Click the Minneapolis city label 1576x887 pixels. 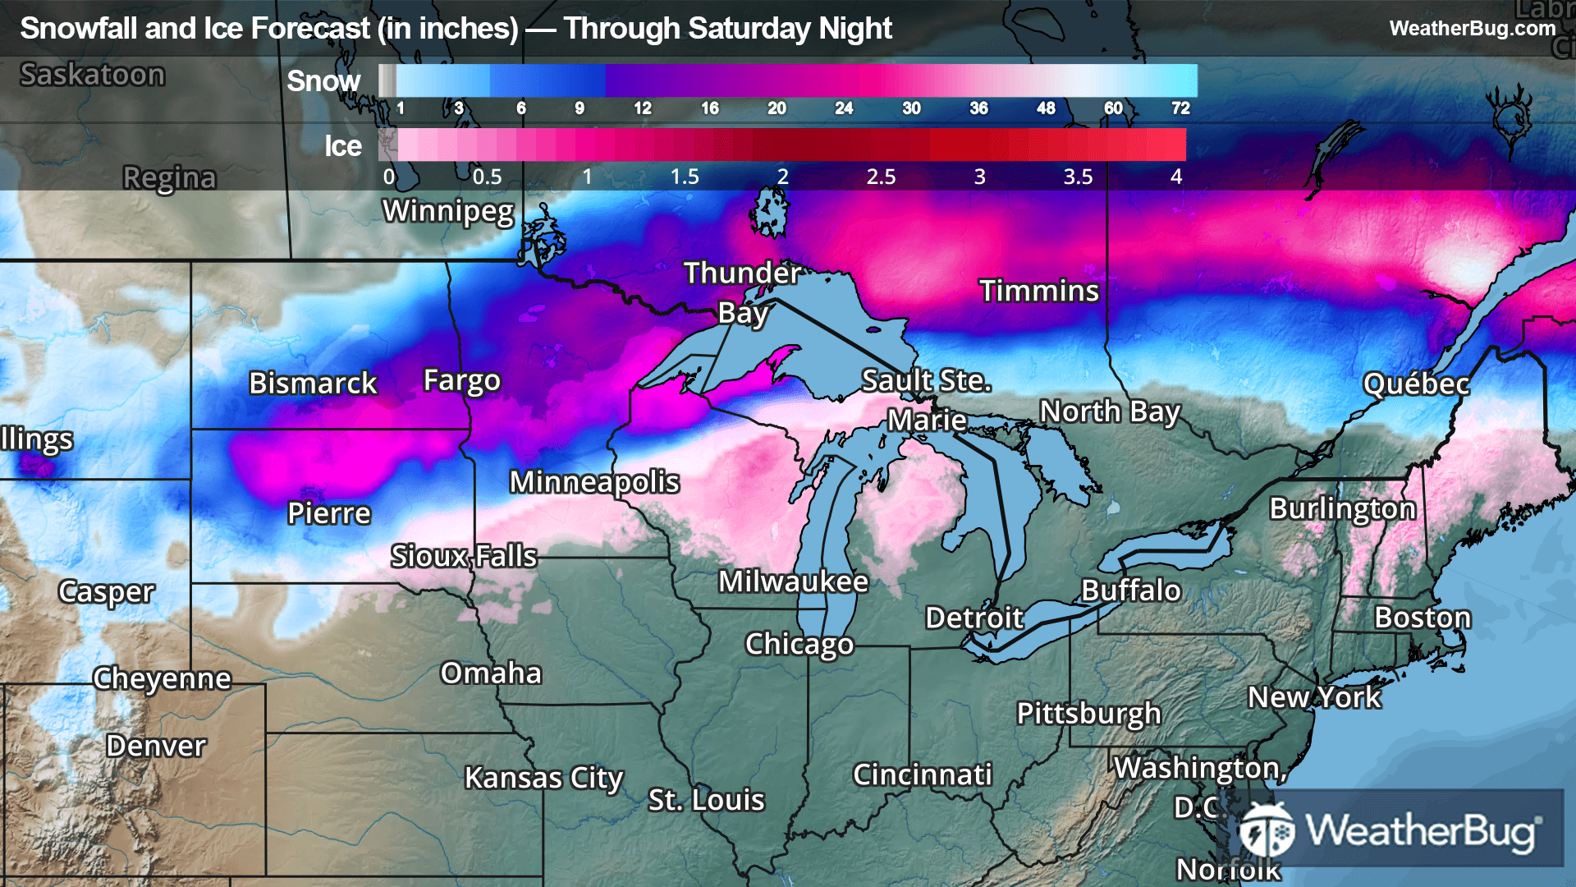point(594,482)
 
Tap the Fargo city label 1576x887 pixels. point(461,381)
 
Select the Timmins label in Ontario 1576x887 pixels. point(1038,291)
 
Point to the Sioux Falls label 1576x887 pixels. point(464,556)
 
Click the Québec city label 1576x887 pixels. point(1416,384)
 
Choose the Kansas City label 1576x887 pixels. point(543,777)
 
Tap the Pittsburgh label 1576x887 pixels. point(1088,713)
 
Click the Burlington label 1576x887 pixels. point(1342,508)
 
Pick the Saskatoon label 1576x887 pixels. point(93,75)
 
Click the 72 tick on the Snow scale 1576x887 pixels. point(1180,108)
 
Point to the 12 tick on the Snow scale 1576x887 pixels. point(642,108)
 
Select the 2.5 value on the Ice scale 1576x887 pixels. point(881,177)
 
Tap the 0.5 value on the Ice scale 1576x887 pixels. point(487,177)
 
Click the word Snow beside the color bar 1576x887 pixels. point(323,81)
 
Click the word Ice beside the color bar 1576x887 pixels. point(342,146)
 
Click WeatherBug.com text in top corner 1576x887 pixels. point(1472,29)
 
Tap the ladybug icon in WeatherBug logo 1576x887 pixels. point(1267,830)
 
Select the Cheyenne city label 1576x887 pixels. point(162,678)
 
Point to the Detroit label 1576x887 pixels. point(974,618)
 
